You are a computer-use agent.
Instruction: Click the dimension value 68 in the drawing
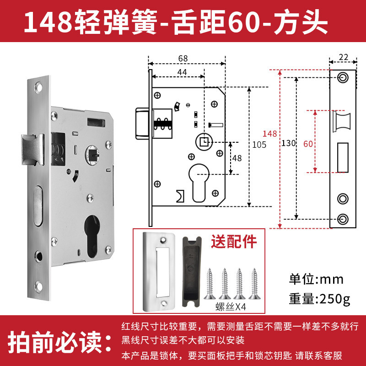(x=183, y=59)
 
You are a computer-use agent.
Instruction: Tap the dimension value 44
(x=182, y=72)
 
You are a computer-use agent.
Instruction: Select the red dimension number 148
(x=269, y=134)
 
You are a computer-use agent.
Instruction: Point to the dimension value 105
(x=259, y=145)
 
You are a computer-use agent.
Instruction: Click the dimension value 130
(x=289, y=143)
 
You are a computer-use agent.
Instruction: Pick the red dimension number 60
(x=308, y=144)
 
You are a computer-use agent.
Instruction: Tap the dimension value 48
(x=237, y=158)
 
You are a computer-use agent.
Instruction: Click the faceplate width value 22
(x=344, y=57)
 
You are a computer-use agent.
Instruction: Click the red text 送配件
(x=234, y=242)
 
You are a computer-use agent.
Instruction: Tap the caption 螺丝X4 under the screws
(x=231, y=307)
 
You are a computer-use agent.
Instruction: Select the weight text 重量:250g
(x=319, y=299)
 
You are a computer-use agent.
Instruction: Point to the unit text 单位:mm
(x=316, y=279)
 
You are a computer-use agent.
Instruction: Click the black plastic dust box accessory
(x=192, y=272)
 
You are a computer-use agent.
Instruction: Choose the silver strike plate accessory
(x=159, y=272)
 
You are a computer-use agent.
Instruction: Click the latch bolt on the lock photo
(x=32, y=150)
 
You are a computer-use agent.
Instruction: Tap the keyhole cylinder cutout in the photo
(x=92, y=236)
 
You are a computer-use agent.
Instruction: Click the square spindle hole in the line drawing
(x=204, y=142)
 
